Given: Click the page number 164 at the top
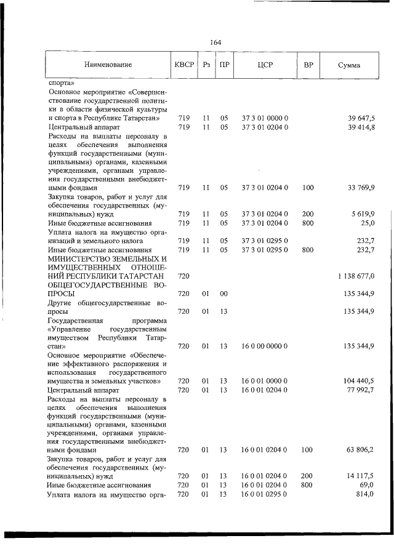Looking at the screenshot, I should tap(215, 42).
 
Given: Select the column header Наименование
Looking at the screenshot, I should tap(108, 65).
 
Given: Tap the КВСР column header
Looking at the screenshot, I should tap(183, 65).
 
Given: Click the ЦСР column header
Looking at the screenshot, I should tap(265, 65).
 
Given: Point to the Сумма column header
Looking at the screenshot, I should tap(349, 65).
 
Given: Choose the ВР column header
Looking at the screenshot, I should tap(308, 65).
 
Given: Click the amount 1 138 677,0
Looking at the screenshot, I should tap(356, 277).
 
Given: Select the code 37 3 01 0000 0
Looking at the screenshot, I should tap(265, 118).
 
